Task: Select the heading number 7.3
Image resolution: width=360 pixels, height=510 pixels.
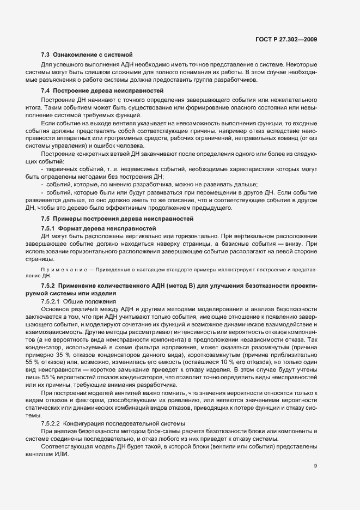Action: tap(45, 54)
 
